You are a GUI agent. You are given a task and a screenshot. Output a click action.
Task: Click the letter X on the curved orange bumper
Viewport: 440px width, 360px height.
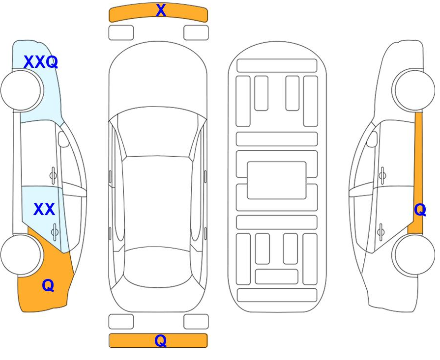pyautogui.click(x=161, y=10)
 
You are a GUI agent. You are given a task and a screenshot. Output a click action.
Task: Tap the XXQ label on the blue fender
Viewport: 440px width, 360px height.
pyautogui.click(x=41, y=62)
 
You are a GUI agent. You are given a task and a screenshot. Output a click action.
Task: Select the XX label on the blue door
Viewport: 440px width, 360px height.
pyautogui.click(x=44, y=209)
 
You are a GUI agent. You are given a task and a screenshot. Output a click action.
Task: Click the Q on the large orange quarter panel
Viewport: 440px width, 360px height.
pyautogui.click(x=48, y=286)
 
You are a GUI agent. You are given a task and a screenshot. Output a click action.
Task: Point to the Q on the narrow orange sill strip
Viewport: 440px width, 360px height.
pyautogui.click(x=420, y=210)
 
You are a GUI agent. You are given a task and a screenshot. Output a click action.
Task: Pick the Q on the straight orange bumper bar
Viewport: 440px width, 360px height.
pyautogui.click(x=160, y=341)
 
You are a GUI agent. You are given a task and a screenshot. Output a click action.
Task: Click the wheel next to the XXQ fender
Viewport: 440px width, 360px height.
pyautogui.click(x=22, y=90)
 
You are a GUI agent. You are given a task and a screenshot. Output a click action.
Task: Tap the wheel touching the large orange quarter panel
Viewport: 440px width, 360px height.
pyautogui.click(x=22, y=254)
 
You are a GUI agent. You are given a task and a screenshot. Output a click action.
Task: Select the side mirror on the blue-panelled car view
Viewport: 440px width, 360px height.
pyautogui.click(x=63, y=139)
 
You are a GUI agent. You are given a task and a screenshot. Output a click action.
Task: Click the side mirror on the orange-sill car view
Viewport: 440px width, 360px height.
pyautogui.click(x=372, y=139)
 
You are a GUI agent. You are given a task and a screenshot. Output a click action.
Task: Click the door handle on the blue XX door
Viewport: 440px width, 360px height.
pyautogui.click(x=55, y=232)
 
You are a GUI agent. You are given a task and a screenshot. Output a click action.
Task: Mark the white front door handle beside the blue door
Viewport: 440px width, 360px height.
pyautogui.click(x=53, y=175)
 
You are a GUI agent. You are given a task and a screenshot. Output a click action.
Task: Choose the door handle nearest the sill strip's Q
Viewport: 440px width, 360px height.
pyautogui.click(x=381, y=232)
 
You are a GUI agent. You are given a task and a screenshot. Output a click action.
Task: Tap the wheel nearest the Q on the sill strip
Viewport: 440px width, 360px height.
pyautogui.click(x=413, y=254)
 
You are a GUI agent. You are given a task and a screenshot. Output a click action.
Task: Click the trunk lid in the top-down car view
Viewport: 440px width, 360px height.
pyautogui.click(x=158, y=300)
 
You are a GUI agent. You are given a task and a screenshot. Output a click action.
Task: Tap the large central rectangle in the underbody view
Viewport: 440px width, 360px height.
pyautogui.click(x=276, y=180)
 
